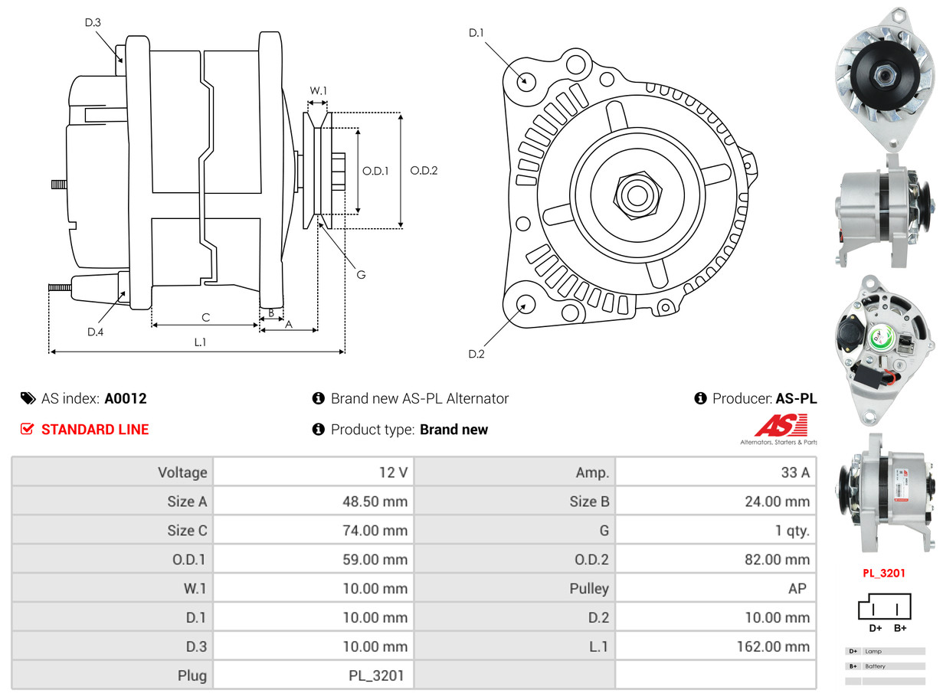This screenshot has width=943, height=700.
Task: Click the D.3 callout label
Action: tap(93, 22)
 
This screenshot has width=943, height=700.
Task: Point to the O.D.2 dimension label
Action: tap(424, 171)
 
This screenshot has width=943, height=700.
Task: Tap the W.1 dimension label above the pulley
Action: tap(318, 90)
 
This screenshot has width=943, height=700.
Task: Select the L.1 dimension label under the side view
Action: tap(200, 342)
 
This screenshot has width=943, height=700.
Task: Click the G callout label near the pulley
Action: tap(361, 274)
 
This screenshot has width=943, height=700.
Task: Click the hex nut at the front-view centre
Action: tap(637, 195)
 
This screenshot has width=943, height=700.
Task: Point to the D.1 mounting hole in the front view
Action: tap(526, 80)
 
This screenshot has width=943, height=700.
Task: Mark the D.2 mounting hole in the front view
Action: tap(525, 304)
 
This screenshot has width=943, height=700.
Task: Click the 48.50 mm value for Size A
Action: tap(375, 502)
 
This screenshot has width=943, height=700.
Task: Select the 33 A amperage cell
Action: tap(794, 473)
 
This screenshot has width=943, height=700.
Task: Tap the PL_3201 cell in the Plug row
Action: tap(376, 675)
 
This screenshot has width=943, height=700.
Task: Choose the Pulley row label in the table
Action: tap(589, 588)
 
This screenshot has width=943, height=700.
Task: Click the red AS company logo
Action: tap(781, 426)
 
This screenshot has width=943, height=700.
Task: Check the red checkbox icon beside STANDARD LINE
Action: tap(28, 430)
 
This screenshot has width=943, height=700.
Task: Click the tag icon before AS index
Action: tap(28, 398)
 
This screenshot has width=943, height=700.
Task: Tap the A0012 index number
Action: tap(126, 398)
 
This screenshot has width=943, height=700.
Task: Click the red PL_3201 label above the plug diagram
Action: tap(883, 572)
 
